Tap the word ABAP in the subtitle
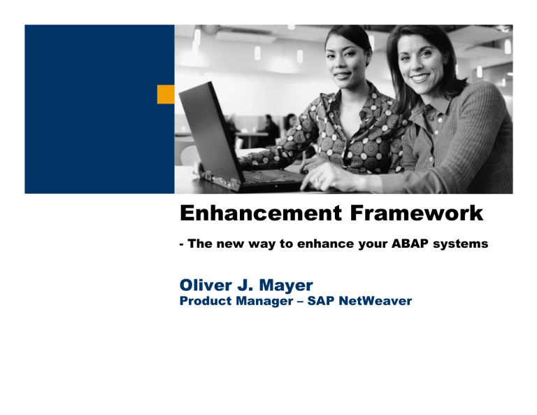pyautogui.click(x=403, y=246)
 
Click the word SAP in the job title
pyautogui.click(x=325, y=301)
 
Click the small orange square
pyautogui.click(x=166, y=94)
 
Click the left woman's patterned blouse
pyautogui.click(x=343, y=133)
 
